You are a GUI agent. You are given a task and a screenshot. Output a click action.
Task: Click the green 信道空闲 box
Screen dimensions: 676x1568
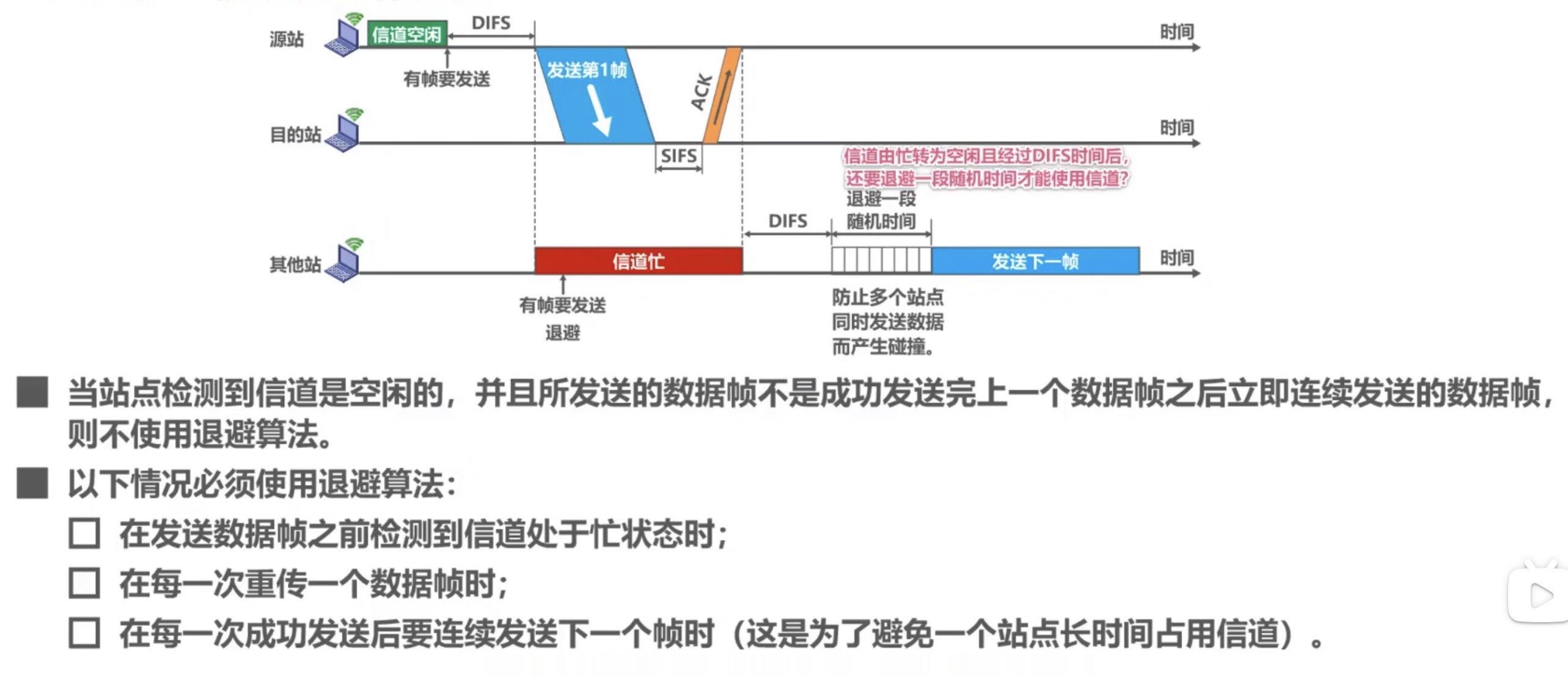407,34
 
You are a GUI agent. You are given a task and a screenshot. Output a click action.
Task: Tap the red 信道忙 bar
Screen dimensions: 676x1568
638,261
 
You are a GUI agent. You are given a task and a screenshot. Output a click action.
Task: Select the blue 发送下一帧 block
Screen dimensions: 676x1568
1035,261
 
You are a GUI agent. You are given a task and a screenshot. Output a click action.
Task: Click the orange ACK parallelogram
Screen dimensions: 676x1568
722,95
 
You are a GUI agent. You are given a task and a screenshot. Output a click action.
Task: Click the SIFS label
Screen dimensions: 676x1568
678,156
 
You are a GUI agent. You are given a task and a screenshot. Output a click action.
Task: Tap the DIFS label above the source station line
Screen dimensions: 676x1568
491,23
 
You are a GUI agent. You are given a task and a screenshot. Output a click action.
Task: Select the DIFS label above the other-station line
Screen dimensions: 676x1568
787,221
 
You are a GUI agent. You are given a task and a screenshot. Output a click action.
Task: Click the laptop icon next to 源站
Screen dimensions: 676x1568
344,38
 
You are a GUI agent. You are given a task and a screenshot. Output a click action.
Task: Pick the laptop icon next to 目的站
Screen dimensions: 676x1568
344,133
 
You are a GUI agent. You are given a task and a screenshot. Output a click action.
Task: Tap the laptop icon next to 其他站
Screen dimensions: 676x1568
344,262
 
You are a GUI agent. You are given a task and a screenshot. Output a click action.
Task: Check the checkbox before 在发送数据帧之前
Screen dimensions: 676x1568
84,534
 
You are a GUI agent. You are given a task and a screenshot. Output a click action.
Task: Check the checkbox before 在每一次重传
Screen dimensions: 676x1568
84,583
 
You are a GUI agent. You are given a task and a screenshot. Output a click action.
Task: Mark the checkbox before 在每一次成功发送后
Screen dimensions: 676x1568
84,633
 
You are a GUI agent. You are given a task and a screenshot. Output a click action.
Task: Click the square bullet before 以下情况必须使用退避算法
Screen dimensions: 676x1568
32,483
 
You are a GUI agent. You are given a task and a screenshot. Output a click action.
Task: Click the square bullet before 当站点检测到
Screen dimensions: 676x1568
32,392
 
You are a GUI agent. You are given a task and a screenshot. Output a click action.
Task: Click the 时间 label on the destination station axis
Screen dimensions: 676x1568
1176,128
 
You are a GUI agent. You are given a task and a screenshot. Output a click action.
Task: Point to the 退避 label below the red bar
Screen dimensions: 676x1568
562,333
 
